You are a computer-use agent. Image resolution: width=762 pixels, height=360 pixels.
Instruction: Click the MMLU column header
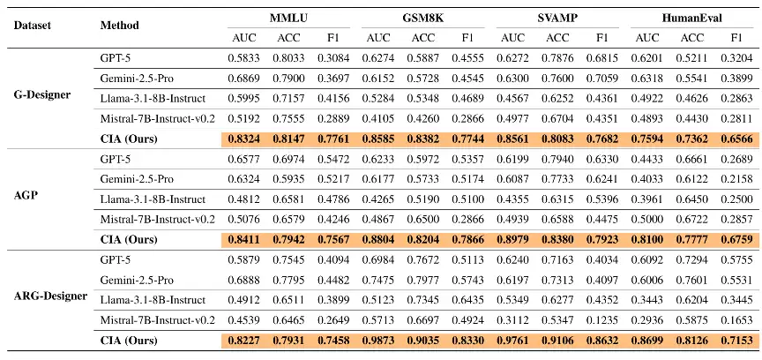click(x=288, y=19)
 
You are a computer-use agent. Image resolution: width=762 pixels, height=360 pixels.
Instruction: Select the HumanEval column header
click(x=691, y=19)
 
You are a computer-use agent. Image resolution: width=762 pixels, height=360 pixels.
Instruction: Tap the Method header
click(x=120, y=26)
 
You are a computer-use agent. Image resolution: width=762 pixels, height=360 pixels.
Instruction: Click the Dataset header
click(x=32, y=26)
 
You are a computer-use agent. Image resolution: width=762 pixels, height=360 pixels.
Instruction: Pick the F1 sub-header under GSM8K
click(x=467, y=37)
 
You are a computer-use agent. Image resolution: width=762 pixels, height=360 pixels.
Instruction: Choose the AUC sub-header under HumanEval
click(x=646, y=37)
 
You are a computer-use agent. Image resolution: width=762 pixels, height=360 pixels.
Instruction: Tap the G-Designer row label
click(x=42, y=94)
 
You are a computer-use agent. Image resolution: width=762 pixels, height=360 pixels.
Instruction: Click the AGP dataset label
click(x=24, y=199)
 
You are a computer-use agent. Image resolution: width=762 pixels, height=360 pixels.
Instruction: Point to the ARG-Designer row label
click(x=50, y=296)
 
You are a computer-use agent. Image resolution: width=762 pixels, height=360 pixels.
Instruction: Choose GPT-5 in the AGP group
click(x=116, y=159)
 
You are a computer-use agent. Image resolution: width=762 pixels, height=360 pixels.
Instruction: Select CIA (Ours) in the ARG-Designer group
click(x=129, y=341)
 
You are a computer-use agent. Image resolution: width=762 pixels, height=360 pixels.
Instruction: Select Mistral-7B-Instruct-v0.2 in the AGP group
click(x=158, y=220)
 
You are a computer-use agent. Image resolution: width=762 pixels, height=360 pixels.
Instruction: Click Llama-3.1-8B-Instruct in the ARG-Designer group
click(x=153, y=300)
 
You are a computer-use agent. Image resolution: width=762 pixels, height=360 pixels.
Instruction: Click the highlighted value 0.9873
click(x=378, y=341)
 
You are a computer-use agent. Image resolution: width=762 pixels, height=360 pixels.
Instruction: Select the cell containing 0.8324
click(x=244, y=139)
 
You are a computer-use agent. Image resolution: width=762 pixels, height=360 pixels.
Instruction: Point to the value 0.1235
click(x=602, y=320)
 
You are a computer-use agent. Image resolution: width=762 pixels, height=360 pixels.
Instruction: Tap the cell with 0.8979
click(x=512, y=239)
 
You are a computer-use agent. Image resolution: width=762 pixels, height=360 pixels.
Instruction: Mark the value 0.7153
click(x=736, y=341)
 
